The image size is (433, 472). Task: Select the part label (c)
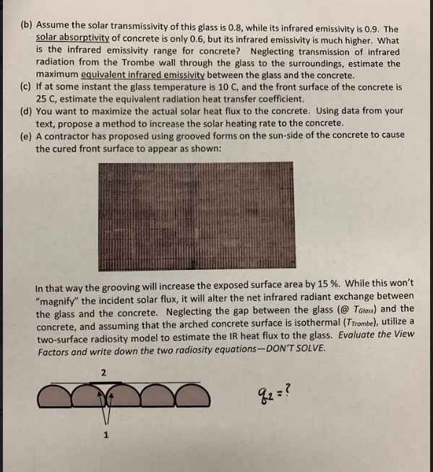[26, 87]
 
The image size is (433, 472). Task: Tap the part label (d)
[26, 111]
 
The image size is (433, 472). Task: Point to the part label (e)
[26, 136]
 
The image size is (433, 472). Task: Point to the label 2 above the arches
[103, 372]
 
